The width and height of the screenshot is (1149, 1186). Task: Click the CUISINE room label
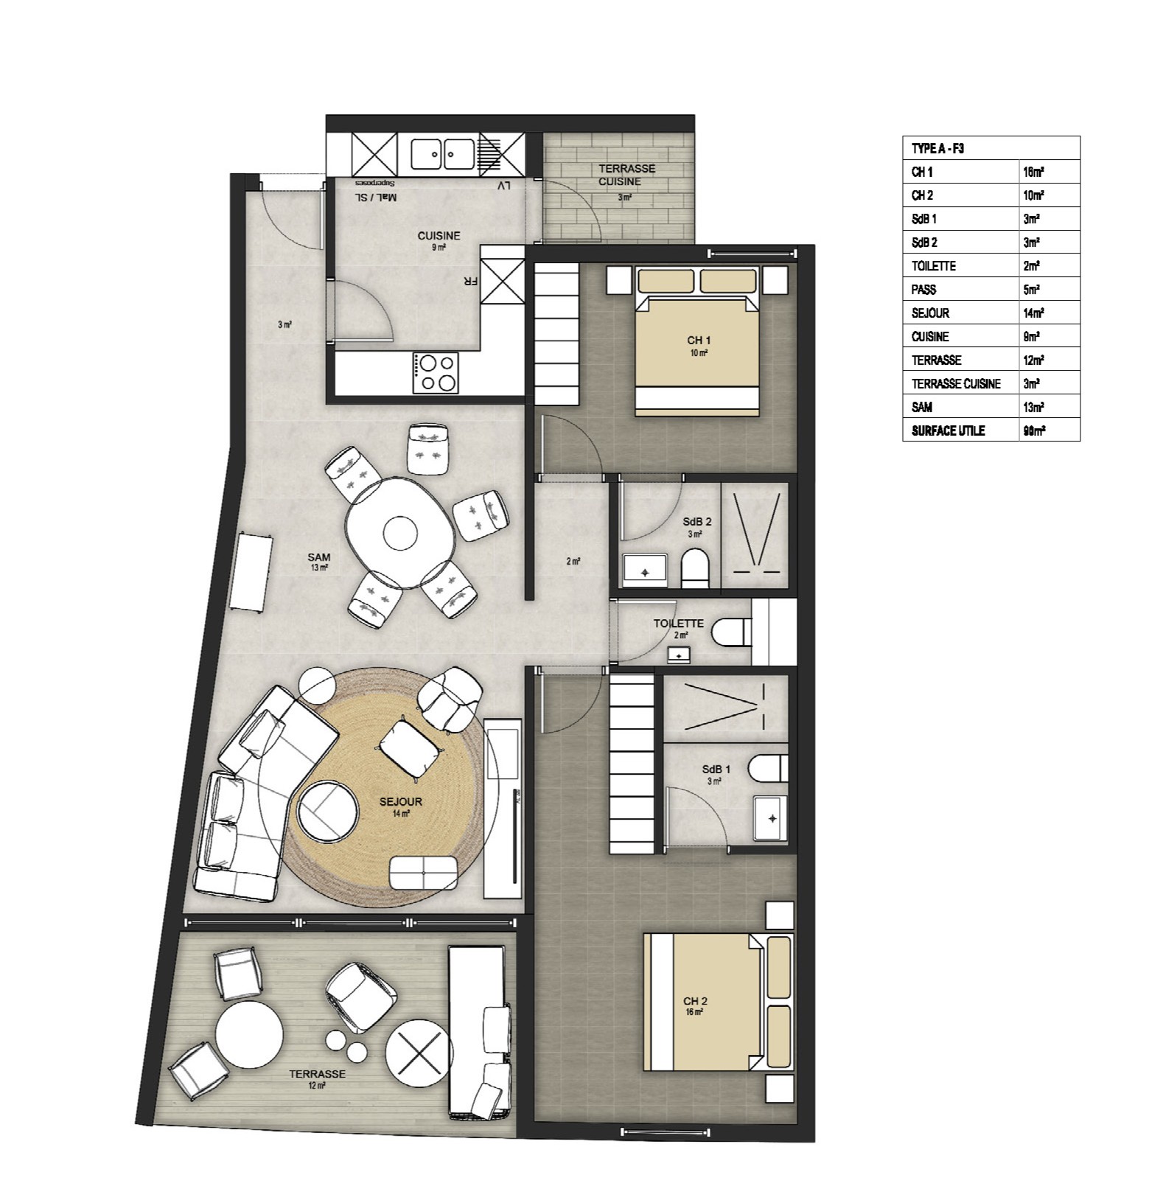click(x=439, y=236)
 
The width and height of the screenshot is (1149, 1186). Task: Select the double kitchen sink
click(x=442, y=155)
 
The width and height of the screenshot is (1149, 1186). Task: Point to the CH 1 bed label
click(x=698, y=341)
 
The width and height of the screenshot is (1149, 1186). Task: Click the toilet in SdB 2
click(x=694, y=568)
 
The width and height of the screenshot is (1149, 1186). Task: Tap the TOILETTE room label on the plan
click(x=678, y=624)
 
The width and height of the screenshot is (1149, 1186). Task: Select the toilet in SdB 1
click(x=766, y=768)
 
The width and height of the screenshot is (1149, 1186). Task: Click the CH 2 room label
click(x=695, y=1001)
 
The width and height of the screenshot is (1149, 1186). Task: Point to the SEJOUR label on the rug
click(x=401, y=802)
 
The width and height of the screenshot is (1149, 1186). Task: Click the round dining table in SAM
click(x=400, y=532)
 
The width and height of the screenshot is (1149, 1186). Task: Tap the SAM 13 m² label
click(x=319, y=562)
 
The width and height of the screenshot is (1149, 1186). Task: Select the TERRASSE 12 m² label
click(x=317, y=1075)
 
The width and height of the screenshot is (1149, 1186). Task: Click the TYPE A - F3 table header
click(x=937, y=148)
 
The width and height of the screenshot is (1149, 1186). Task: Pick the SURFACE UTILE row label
click(x=948, y=430)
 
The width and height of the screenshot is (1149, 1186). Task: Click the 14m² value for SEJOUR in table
click(x=1033, y=313)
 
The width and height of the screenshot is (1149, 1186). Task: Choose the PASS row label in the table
click(x=923, y=290)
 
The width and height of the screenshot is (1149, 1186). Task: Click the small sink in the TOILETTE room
click(x=679, y=654)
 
